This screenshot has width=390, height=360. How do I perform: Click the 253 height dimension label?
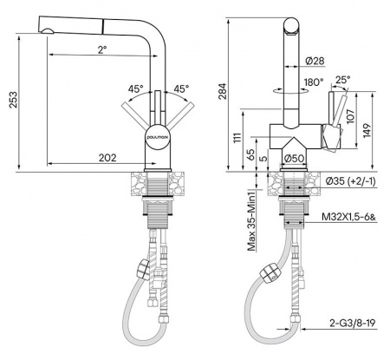[x=13, y=100]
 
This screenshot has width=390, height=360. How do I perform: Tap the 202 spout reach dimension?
[x=107, y=158]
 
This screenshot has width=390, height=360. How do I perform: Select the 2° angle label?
[x=102, y=49]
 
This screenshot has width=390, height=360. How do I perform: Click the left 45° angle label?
[x=135, y=89]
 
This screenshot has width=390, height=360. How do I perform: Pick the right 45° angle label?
[x=181, y=89]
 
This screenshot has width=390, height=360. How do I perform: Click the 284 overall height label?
[x=222, y=91]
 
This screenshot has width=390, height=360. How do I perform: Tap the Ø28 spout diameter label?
[x=315, y=61]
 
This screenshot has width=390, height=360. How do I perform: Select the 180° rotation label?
[x=314, y=82]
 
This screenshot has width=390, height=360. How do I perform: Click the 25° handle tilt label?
[x=343, y=80]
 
